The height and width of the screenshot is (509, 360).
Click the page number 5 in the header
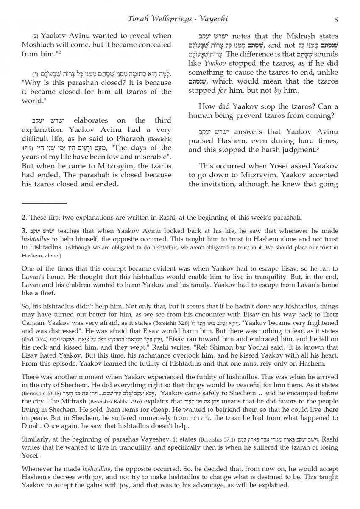click(x=336, y=19)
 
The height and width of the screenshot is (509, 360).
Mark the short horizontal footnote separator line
click(x=45, y=204)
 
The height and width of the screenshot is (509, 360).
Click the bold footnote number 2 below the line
click(x=23, y=218)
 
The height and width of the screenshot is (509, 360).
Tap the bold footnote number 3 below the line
click(x=23, y=232)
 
